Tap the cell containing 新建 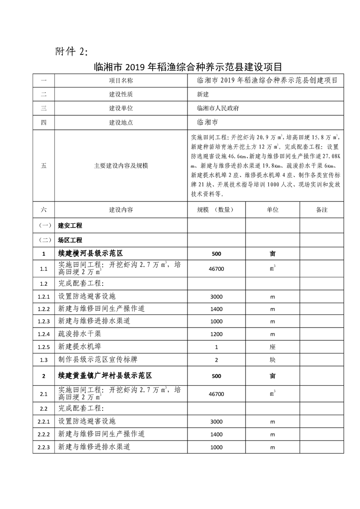pos(203,95)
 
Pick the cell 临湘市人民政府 pos(218,109)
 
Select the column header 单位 pos(272,210)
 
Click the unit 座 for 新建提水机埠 pos(272,347)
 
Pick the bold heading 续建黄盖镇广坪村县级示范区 pos(104,376)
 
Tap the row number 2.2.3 pos(44,447)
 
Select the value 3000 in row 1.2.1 pos(217,296)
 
